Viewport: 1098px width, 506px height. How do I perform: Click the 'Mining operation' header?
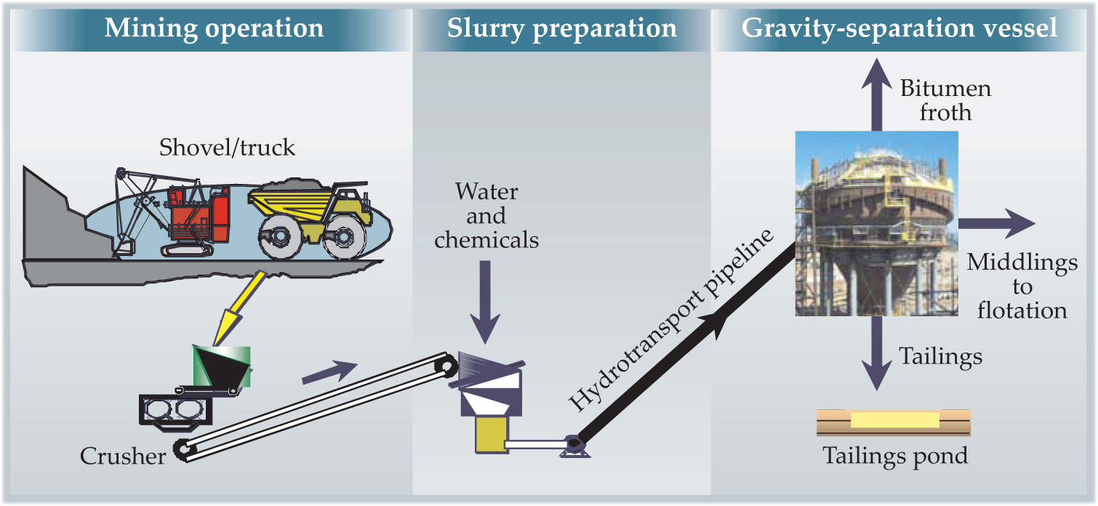[x=214, y=28]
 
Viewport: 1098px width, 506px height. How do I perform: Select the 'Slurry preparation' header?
[x=561, y=28]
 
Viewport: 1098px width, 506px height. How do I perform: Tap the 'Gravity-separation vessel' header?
[x=899, y=28]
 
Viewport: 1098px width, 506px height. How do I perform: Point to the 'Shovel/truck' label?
[x=228, y=148]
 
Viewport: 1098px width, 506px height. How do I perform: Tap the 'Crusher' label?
[x=122, y=456]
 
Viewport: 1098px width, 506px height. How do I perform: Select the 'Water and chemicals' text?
[x=486, y=216]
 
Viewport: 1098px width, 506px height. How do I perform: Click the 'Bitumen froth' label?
[x=945, y=100]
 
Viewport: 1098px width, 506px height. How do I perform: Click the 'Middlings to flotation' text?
[x=1022, y=286]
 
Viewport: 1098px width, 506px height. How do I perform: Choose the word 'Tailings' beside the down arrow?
[x=941, y=356]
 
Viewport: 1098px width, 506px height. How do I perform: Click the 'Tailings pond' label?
[x=895, y=456]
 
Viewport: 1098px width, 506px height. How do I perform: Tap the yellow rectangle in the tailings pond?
[x=894, y=420]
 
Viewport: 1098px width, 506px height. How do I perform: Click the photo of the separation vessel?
[x=876, y=222]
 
